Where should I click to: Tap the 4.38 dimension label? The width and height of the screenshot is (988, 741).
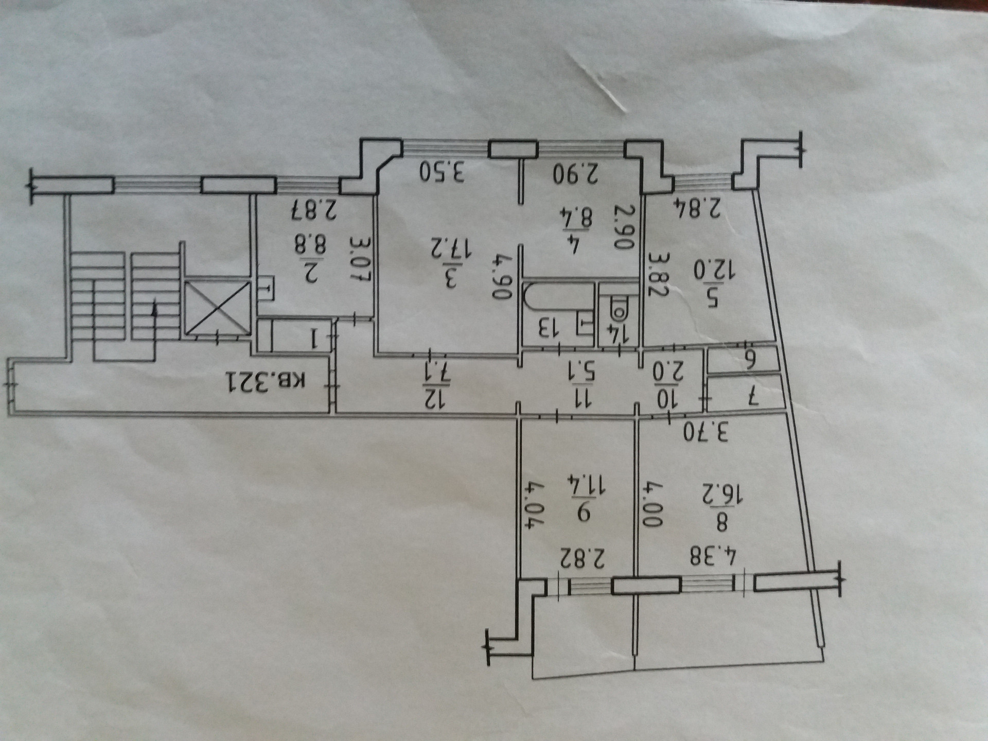(x=713, y=557)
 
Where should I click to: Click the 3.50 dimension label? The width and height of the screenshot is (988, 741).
(x=442, y=172)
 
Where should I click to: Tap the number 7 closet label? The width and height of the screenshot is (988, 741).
(x=752, y=396)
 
